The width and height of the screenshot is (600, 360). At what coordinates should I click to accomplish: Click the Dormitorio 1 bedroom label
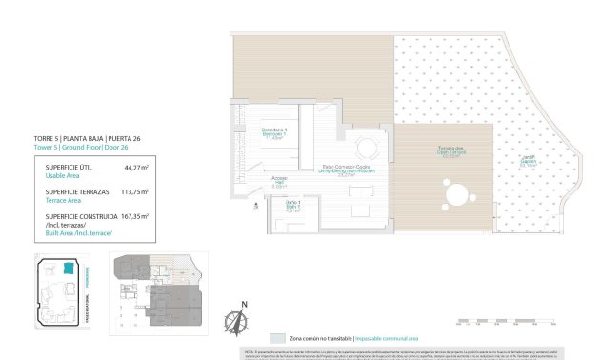tap(281, 132)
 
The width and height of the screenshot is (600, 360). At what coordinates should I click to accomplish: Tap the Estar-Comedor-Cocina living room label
tap(346, 170)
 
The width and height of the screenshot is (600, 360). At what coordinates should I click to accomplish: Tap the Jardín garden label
tap(527, 160)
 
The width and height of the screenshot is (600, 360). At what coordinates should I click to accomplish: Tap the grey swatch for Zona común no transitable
tap(277, 338)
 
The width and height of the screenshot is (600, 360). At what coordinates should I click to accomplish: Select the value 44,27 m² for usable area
tap(136, 167)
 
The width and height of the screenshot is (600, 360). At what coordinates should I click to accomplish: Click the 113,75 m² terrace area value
tap(135, 190)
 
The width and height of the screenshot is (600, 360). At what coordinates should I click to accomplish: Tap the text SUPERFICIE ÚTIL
tap(69, 167)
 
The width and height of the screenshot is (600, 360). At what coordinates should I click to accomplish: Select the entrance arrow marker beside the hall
tap(255, 203)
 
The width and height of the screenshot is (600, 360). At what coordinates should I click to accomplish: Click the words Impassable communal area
tap(391, 338)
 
